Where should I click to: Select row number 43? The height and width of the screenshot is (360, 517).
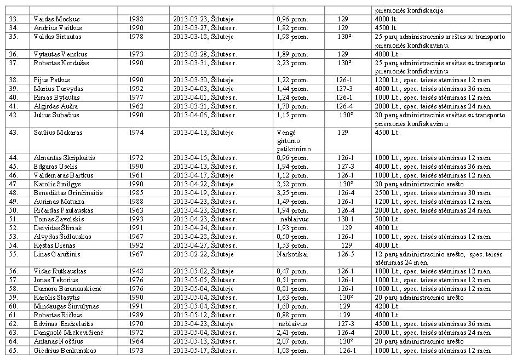[x=14, y=132]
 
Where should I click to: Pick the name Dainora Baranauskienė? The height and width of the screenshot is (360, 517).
[x=68, y=288]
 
